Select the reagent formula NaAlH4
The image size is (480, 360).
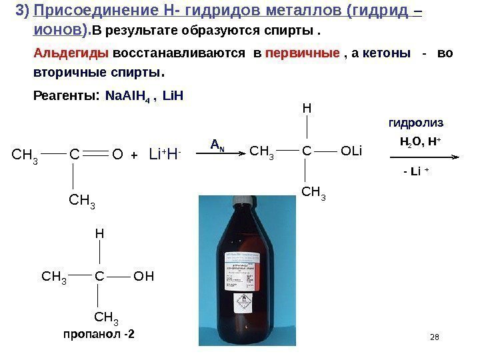click(129, 95)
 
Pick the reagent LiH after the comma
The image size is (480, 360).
click(173, 95)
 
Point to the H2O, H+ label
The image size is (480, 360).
click(417, 141)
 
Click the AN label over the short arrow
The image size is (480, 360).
click(217, 143)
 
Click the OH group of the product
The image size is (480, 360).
click(144, 275)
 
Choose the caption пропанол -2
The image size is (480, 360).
click(99, 334)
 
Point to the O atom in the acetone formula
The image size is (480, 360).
click(118, 155)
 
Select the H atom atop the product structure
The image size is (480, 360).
click(99, 235)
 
